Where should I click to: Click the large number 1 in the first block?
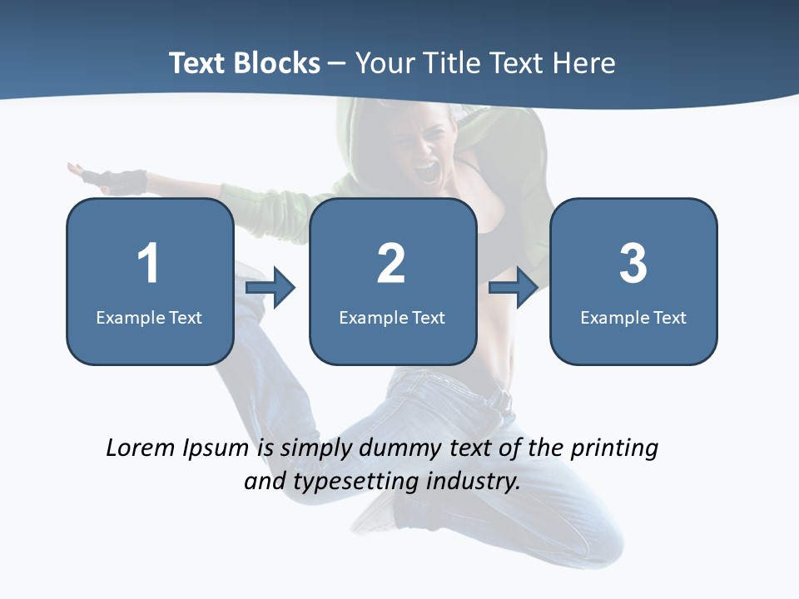point(148,263)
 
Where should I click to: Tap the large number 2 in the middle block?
point(391,263)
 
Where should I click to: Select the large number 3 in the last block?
point(633,263)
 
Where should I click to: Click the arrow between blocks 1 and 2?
point(271,288)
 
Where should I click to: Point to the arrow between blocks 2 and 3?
point(514,288)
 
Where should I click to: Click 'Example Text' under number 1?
point(149,317)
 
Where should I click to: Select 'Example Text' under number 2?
point(392,317)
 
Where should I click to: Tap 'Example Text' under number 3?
point(633,317)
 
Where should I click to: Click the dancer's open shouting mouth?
point(426,172)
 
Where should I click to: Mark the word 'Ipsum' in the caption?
point(216,449)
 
